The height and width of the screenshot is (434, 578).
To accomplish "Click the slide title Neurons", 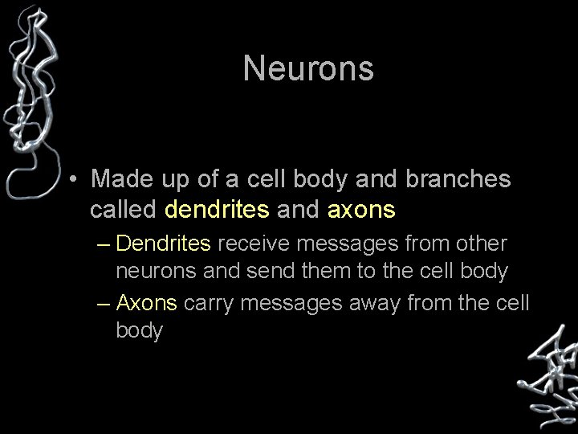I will tap(308, 68).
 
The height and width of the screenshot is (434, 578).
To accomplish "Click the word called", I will tap(124, 210).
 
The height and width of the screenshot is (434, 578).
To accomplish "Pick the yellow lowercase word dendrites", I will tap(217, 210).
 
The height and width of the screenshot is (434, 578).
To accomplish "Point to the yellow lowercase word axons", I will tap(361, 210).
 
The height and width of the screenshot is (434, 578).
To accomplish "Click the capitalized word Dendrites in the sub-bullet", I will tap(164, 243).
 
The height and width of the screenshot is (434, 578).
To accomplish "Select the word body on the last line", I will tap(140, 331).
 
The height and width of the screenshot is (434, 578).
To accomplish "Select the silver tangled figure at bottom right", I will tap(547, 370).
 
